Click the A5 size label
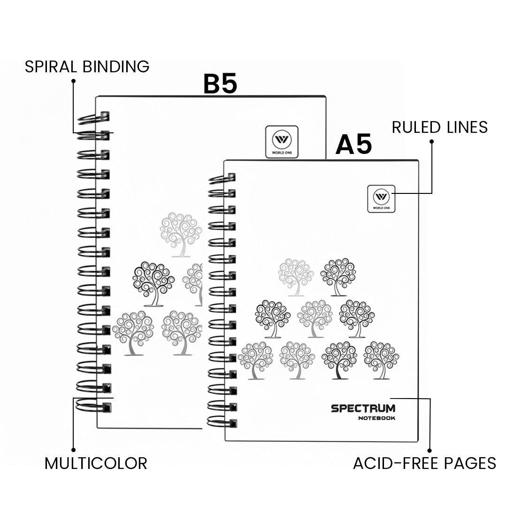coord(353,145)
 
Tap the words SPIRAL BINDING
coord(87,67)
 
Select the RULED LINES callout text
coord(439,127)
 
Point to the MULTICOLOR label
coord(96,463)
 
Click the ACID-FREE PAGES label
coord(424,463)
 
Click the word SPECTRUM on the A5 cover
coord(363,408)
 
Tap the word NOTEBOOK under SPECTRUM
coord(376,418)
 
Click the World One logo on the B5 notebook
coord(282,141)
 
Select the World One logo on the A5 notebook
coord(381,199)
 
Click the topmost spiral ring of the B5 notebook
coord(94,117)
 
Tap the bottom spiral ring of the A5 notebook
coord(222,421)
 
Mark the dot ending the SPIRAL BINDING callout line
coord(73,81)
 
